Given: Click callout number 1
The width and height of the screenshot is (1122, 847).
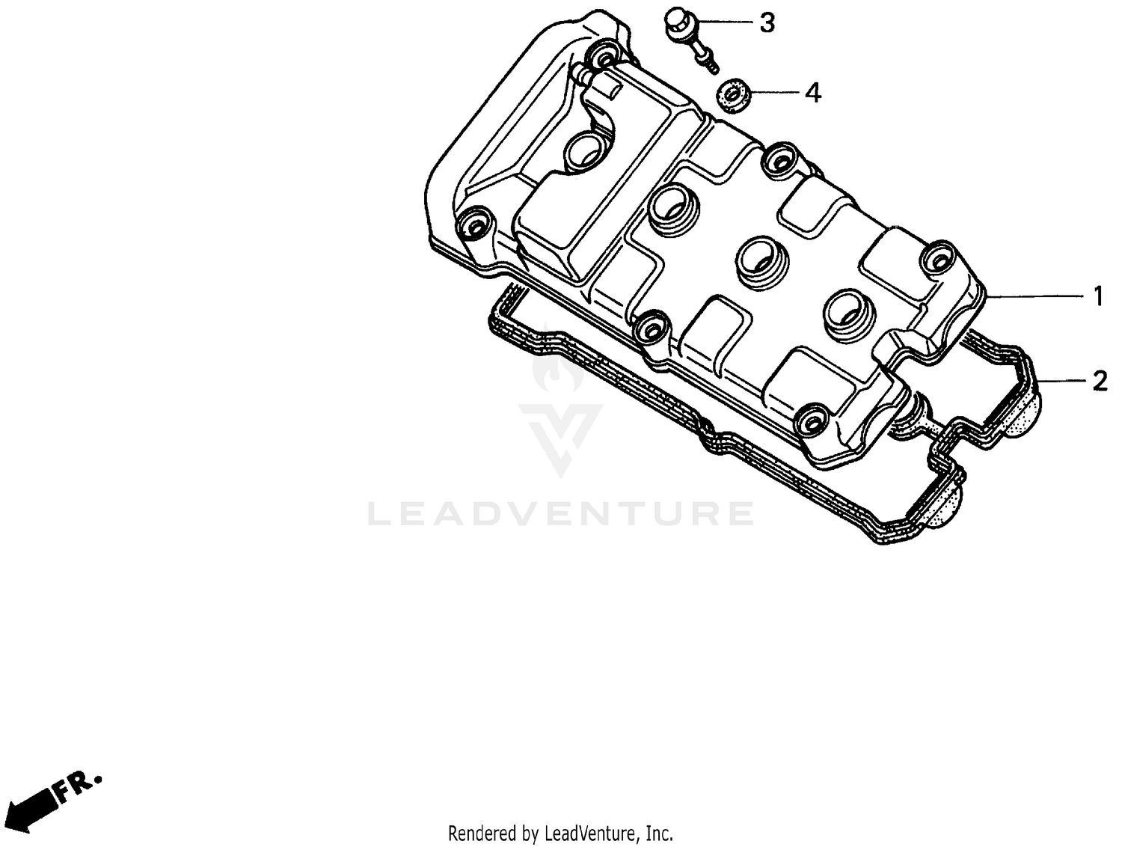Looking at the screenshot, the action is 1098,297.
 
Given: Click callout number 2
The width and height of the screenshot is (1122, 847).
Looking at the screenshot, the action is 1099,382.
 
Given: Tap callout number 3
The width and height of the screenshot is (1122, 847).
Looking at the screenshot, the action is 767,23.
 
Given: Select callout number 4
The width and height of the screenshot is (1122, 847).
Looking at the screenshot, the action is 812,94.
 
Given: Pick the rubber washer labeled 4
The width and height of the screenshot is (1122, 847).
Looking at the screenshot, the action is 732,96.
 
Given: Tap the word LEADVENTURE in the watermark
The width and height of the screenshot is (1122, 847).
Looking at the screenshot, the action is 561,513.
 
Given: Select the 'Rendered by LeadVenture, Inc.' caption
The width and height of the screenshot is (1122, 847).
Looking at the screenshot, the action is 560,833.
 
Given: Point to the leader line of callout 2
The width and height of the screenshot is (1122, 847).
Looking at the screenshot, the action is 1062,382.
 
